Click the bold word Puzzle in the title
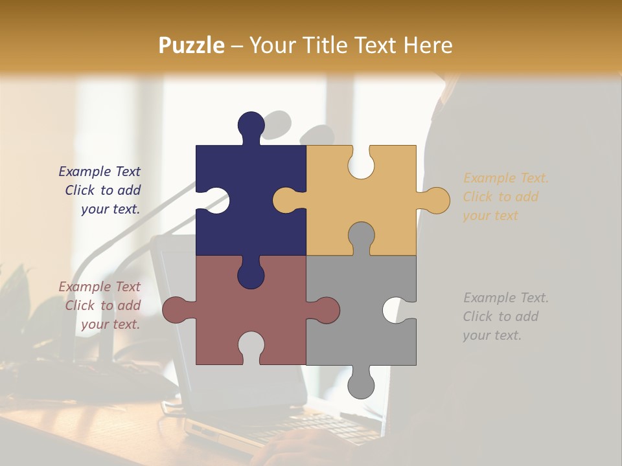(191, 45)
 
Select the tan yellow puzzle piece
(382, 194)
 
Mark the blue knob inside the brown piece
(251, 274)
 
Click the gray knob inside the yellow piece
(361, 236)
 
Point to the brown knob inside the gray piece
(325, 310)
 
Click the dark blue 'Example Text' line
(100, 172)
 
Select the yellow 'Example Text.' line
(505, 178)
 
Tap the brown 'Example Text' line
(100, 287)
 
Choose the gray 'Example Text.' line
(505, 298)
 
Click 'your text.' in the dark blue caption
(110, 209)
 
